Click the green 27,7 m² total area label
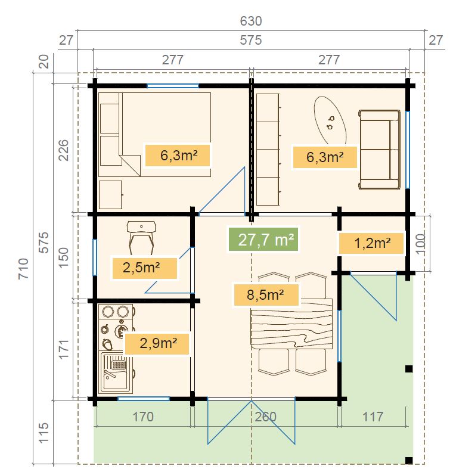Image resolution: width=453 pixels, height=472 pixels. [x=263, y=240]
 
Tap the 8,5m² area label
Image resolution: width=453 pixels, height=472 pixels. [x=266, y=295]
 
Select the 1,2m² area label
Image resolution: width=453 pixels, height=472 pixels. [x=371, y=243]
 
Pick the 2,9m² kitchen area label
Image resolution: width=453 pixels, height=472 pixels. [x=157, y=343]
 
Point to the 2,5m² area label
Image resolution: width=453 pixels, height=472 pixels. [x=144, y=268]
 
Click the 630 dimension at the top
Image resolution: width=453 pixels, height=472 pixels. [x=251, y=21]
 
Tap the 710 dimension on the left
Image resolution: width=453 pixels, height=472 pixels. [x=23, y=269]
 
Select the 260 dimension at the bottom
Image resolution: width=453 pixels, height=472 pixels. [x=265, y=417]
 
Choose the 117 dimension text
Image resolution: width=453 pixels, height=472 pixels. [x=373, y=417]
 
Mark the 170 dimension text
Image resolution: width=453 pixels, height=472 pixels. [x=143, y=417]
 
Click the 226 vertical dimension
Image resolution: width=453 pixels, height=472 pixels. [x=63, y=150]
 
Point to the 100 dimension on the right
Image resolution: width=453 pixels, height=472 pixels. [x=420, y=244]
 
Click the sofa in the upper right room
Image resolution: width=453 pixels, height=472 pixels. [x=380, y=150]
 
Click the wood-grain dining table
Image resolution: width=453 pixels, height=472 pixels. [x=291, y=324]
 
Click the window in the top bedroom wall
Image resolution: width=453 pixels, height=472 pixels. [x=173, y=86]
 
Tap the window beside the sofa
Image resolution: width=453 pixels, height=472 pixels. [x=408, y=150]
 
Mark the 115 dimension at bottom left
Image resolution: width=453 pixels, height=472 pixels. [x=44, y=433]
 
